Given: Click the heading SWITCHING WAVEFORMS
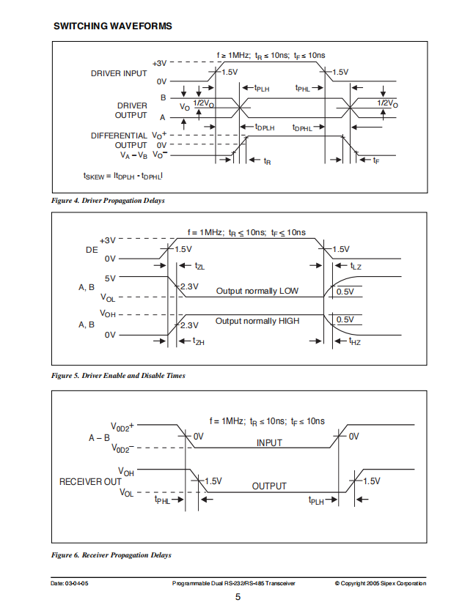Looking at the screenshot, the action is coord(113,26).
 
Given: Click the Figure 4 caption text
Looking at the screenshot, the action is coord(108,201).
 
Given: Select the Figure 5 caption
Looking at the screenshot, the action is coord(118,375).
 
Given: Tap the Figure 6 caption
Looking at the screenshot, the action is coord(111,555).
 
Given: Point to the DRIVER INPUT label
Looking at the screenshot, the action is coord(119,73).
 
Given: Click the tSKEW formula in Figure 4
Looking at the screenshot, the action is coord(123,176).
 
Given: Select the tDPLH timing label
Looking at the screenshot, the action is coord(265,127).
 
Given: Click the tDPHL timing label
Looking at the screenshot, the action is coord(302,127).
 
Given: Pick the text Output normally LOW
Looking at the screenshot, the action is coord(257,291).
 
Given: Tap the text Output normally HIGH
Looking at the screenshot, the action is coord(257,321).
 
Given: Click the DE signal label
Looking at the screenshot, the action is coord(92,250).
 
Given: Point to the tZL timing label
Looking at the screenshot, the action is coord(199,266).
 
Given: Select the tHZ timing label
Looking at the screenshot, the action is coord(355,341).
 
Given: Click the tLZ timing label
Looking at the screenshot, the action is coord(356,266).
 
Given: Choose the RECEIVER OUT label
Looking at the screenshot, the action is coord(90,481).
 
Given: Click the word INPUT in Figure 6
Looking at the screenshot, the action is coord(269,443).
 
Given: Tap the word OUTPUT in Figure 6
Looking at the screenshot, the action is coord(269,486).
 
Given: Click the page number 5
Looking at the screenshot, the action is coord(238,597).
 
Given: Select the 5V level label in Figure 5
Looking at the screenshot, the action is coord(110,278).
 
